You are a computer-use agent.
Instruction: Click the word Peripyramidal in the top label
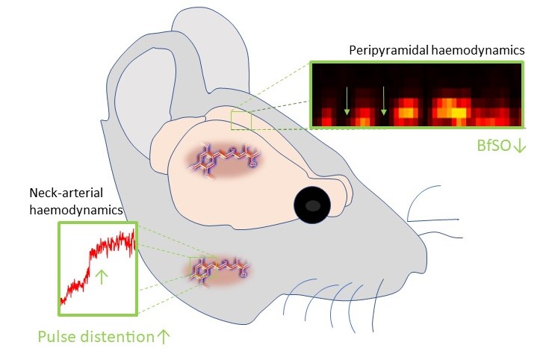[x=384, y=51]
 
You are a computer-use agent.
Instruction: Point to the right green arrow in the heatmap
[x=384, y=101]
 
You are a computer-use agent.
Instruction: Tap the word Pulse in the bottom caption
[x=57, y=335]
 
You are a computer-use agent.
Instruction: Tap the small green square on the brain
[x=241, y=120]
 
